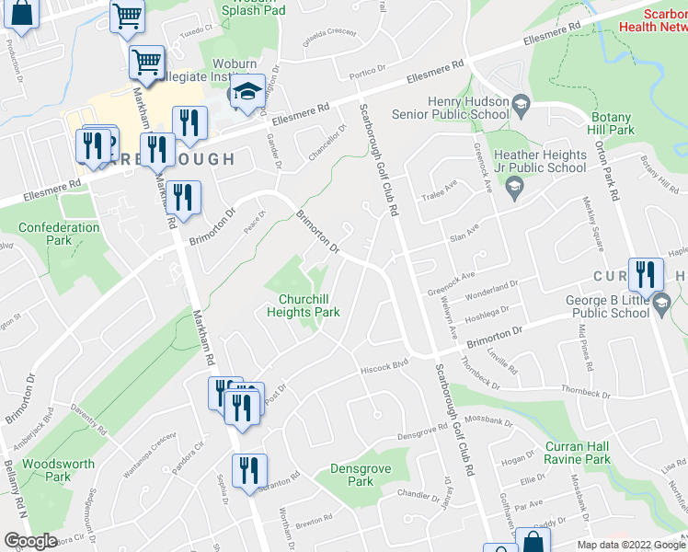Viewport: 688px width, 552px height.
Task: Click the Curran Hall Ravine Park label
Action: (x=577, y=453)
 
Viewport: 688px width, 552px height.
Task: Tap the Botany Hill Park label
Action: (x=612, y=124)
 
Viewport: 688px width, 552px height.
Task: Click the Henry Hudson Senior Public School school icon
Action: (x=521, y=102)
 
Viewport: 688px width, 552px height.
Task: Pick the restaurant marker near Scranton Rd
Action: (x=249, y=472)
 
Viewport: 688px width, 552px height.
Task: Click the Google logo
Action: (x=29, y=541)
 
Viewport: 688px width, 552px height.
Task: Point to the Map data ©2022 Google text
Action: (x=630, y=545)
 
